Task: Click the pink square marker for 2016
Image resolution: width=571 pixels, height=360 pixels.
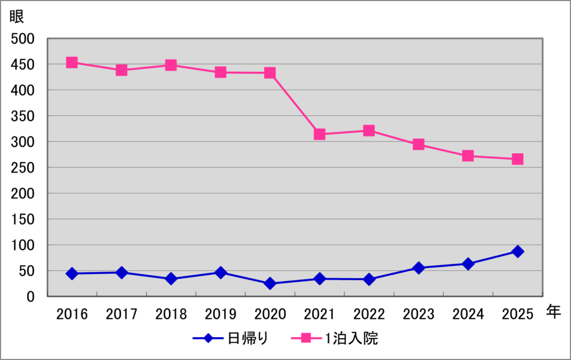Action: [72, 62]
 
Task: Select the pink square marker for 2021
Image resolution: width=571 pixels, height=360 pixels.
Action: [320, 134]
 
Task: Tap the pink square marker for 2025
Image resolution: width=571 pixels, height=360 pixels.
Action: [517, 159]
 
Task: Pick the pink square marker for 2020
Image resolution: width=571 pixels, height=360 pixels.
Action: [270, 73]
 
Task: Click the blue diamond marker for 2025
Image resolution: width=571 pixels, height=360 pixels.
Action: [517, 251]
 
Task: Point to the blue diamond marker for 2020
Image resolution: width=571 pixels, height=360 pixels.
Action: [270, 283]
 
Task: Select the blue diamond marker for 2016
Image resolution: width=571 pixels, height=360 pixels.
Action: [72, 274]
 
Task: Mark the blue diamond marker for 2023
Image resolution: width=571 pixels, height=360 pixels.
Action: [418, 268]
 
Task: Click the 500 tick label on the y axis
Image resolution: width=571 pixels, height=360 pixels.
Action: [23, 39]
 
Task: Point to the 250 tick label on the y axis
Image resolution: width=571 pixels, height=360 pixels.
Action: [23, 168]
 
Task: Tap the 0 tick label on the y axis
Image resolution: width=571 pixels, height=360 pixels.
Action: [31, 297]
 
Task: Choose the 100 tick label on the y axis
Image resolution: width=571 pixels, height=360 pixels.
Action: [23, 245]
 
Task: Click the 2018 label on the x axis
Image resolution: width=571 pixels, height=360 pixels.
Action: [171, 314]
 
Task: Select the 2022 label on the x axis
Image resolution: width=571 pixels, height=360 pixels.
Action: [369, 314]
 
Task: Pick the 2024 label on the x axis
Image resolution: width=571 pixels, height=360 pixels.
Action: [468, 314]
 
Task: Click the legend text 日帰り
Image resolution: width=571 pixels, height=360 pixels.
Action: [249, 338]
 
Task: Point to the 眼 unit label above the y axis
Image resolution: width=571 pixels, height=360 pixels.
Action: [17, 16]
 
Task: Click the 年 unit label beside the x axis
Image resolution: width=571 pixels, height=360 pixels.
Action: [553, 312]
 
